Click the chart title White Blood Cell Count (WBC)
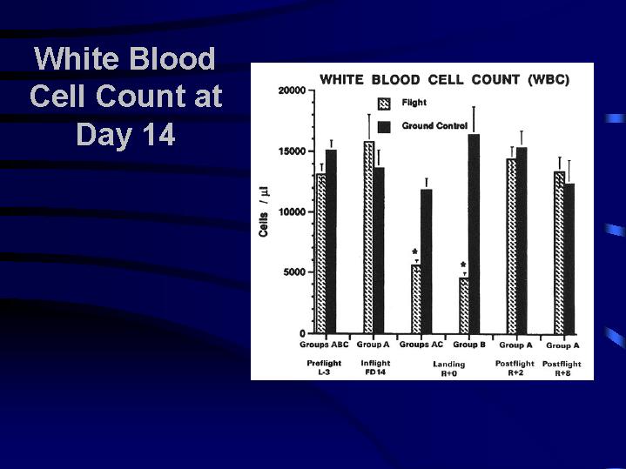tap(444, 80)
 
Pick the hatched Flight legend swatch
tap(384, 104)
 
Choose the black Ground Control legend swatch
tap(384, 127)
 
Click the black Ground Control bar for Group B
tap(474, 234)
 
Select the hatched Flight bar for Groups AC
tap(416, 299)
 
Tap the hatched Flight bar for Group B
tap(464, 305)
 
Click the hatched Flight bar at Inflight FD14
tap(369, 237)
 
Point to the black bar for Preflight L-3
tap(331, 242)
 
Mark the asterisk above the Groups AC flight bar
tap(414, 251)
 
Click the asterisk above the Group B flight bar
tap(463, 265)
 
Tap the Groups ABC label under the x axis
tap(324, 345)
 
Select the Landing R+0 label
tap(449, 369)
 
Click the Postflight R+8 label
tap(562, 368)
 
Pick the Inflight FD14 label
tap(375, 367)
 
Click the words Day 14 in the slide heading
tap(125, 135)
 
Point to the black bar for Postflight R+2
tap(522, 241)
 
